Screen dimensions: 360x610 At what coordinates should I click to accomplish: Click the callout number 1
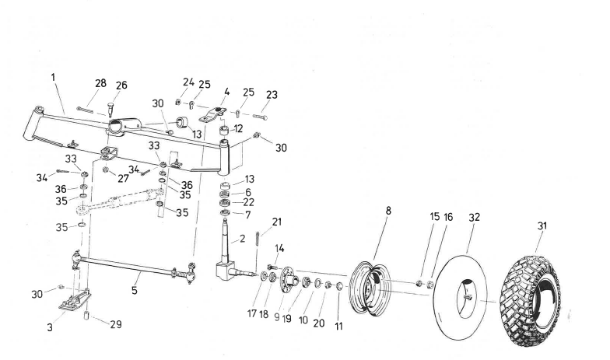click(53, 78)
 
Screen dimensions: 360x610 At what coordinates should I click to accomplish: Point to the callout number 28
click(101, 82)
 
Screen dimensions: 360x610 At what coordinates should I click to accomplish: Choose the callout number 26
click(121, 86)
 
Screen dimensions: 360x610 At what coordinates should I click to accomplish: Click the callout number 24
click(188, 81)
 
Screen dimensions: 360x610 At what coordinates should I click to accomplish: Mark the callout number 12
click(238, 128)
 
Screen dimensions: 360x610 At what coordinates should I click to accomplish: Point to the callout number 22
click(248, 202)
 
